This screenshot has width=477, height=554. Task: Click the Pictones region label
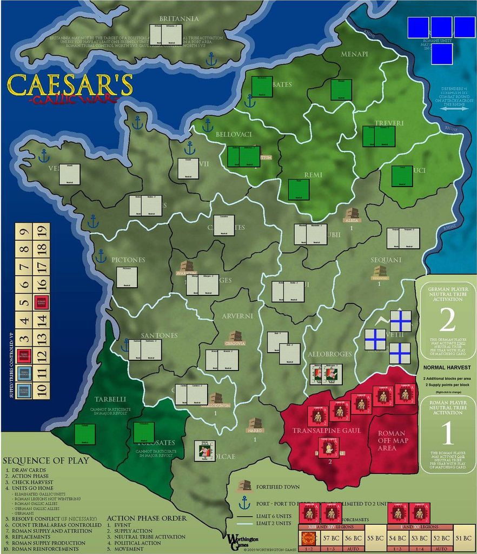point(128,260)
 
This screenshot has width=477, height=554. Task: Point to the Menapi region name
point(354,54)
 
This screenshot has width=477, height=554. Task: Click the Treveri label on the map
point(388,123)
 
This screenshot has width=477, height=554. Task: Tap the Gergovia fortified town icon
point(235,336)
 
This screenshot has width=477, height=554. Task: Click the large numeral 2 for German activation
point(447,320)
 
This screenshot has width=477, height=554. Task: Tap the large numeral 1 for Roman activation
point(447,434)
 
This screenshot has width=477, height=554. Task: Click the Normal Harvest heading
point(447,367)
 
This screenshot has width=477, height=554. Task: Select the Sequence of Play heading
point(46,460)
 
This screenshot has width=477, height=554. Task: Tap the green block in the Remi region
point(299,189)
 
